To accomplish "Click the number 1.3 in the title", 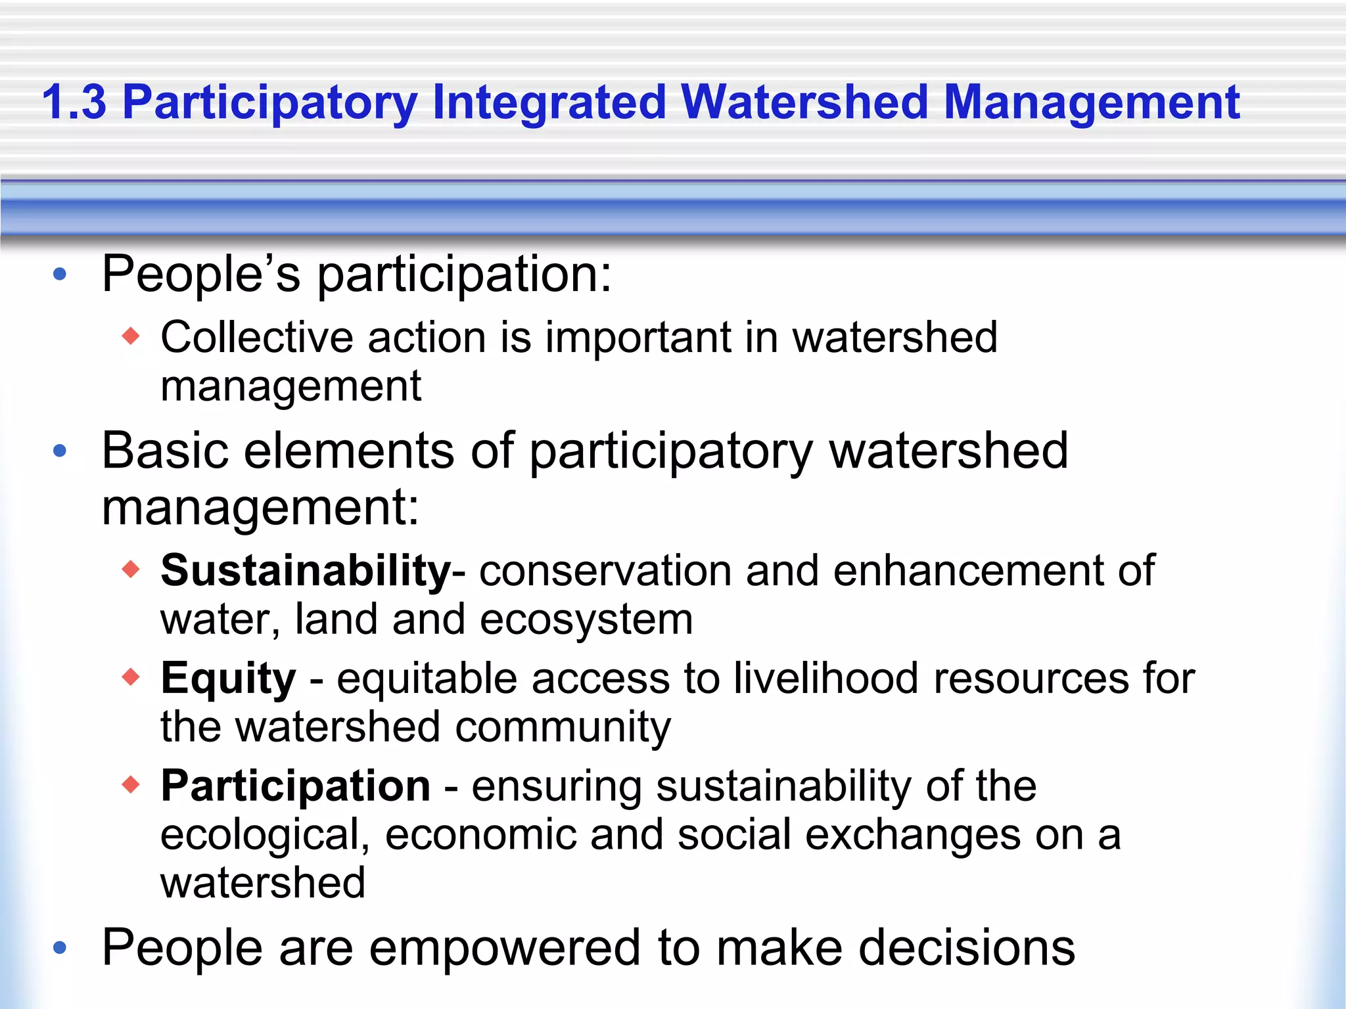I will pyautogui.click(x=74, y=102).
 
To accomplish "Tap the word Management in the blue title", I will pyautogui.click(x=1091, y=102).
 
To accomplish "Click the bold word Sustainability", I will pyautogui.click(x=306, y=570).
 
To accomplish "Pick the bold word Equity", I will pyautogui.click(x=228, y=678).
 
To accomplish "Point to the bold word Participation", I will pyautogui.click(x=296, y=786).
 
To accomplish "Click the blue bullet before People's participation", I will pyautogui.click(x=60, y=275).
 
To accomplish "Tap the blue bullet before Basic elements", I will pyautogui.click(x=60, y=451).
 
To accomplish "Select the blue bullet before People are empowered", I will pyautogui.click(x=60, y=947).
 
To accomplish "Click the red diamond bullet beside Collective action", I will pyautogui.click(x=131, y=336).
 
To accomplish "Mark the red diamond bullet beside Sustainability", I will pyautogui.click(x=131, y=569).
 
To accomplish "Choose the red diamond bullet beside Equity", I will pyautogui.click(x=131, y=677).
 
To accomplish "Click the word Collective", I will pyautogui.click(x=257, y=338).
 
